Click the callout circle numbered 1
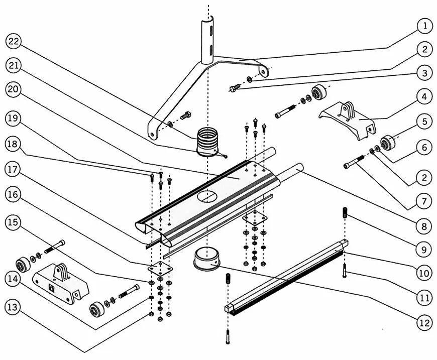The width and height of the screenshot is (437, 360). (424, 25)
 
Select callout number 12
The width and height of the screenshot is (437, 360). (424, 323)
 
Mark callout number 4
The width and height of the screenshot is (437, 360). (424, 96)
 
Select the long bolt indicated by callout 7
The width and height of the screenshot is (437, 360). (355, 162)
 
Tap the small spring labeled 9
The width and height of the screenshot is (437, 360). (346, 213)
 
